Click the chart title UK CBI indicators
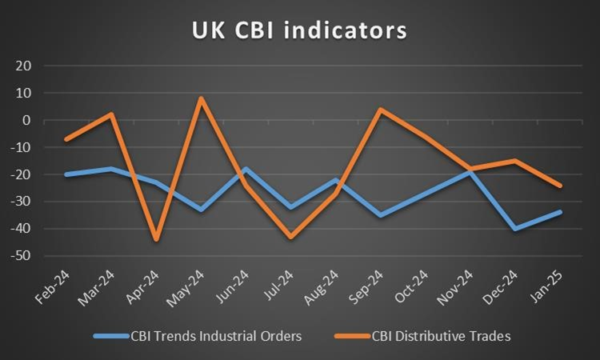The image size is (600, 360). pos(299,30)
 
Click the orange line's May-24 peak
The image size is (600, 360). pos(201,98)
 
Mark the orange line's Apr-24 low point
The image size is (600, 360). pos(156,239)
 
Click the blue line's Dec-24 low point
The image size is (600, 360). pos(514,229)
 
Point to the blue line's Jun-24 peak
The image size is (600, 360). pos(246,169)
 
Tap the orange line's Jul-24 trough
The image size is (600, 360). pos(290,237)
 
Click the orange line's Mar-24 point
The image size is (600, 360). pos(111,114)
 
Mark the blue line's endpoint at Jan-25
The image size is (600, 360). pos(559,212)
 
